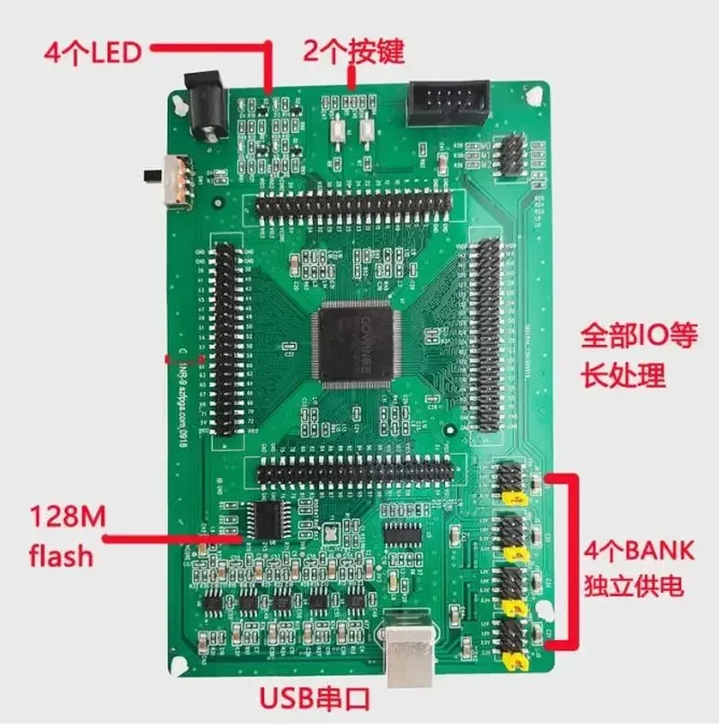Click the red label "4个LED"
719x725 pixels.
tap(93, 52)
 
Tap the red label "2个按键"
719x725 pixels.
tap(353, 50)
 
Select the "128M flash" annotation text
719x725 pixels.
tap(62, 537)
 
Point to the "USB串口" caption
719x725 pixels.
tap(314, 698)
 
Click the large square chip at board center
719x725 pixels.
tap(355, 343)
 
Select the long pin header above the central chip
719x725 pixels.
tap(352, 205)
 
